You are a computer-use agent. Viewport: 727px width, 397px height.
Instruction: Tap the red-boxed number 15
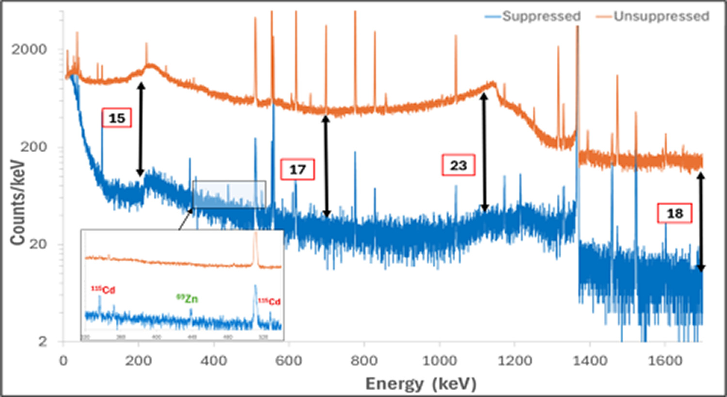tap(116, 118)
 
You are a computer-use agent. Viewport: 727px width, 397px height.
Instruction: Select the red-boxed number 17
tap(298, 170)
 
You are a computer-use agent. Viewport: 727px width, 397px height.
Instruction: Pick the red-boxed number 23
tap(458, 165)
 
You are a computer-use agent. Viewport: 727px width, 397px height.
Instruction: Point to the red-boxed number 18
tap(675, 213)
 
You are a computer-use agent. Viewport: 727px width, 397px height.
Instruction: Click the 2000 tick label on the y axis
tap(29, 49)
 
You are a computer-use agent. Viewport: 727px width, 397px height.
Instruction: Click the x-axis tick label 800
tap(364, 361)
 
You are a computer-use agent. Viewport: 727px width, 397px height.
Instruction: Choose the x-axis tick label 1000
tap(439, 361)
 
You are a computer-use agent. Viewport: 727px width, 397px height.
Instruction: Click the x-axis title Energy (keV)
tap(421, 383)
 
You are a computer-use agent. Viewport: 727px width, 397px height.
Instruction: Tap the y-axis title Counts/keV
tap(17, 202)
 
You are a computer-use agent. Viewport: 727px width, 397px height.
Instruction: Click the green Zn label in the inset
tap(187, 299)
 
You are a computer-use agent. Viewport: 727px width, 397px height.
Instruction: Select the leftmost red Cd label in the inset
tap(103, 290)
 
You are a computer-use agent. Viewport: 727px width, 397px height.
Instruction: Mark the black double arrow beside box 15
tap(141, 129)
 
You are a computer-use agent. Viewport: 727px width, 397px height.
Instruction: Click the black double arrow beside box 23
tap(484, 152)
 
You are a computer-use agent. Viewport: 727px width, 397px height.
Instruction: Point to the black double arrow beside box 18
tap(700, 222)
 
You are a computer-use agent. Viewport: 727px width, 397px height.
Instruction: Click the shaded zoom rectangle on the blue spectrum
tap(229, 194)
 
